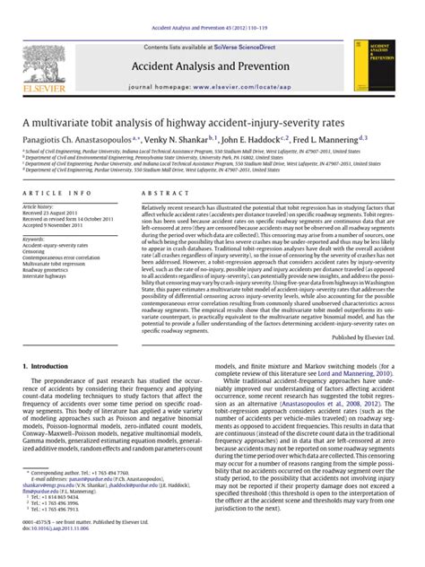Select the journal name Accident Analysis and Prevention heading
pos(212,66)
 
